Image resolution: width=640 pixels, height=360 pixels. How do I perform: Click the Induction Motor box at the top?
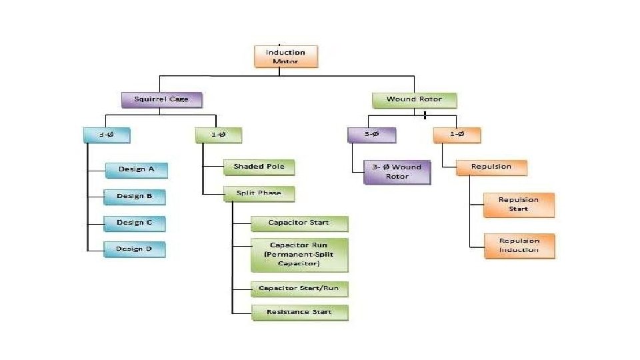[x=286, y=57]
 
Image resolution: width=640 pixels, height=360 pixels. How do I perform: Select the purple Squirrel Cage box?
[x=161, y=99]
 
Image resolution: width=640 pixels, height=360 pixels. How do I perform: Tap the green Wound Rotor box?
[x=414, y=100]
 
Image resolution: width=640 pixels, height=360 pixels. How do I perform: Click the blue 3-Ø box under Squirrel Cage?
[x=107, y=135]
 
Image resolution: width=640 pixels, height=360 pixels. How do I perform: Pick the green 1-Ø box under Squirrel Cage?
[x=219, y=135]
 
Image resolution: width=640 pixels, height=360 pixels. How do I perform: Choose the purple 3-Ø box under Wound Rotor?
[x=371, y=135]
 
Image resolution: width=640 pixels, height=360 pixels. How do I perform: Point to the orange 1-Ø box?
[x=457, y=135]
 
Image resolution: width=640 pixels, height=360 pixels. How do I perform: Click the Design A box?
[x=136, y=169]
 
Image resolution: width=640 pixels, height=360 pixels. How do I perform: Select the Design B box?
[x=135, y=196]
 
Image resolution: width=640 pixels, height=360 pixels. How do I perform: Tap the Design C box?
[x=135, y=223]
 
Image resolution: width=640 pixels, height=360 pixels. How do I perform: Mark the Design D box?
[x=135, y=249]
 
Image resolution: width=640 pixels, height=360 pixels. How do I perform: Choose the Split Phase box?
[x=258, y=193]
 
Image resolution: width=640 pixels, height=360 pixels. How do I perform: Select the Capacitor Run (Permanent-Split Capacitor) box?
[x=299, y=255]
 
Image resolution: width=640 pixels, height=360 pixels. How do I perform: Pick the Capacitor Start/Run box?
[x=299, y=289]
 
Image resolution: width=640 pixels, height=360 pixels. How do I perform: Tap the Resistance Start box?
[x=299, y=311]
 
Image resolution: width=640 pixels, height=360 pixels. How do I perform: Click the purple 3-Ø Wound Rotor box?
[x=397, y=172]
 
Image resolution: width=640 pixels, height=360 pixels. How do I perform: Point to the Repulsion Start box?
[x=519, y=204]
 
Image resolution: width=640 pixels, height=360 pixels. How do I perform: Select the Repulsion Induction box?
[x=519, y=245]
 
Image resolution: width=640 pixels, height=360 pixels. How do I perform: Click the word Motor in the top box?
[x=286, y=62]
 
